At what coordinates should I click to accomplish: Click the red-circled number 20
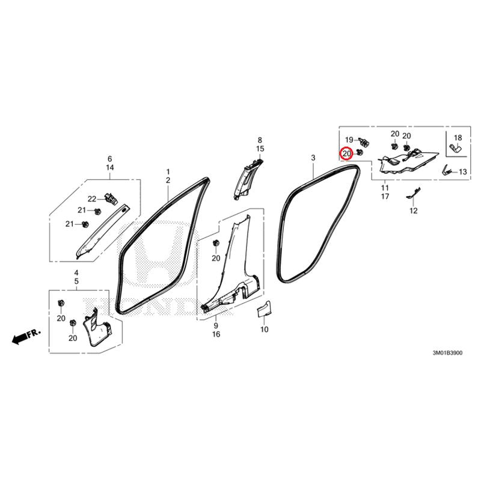(347, 154)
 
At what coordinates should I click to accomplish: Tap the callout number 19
(349, 140)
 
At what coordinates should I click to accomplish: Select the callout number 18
(458, 138)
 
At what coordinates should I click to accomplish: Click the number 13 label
(462, 172)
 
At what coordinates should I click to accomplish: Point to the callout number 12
(414, 211)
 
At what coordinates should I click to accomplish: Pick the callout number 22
(92, 199)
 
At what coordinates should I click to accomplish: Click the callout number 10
(264, 329)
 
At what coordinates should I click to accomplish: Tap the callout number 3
(313, 158)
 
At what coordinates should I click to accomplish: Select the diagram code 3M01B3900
(447, 353)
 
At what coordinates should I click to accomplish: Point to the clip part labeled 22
(111, 198)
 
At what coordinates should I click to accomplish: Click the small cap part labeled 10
(264, 308)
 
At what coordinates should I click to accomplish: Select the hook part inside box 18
(456, 149)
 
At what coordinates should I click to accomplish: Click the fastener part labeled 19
(364, 142)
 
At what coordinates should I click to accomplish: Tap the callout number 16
(216, 334)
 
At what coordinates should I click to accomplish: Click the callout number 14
(110, 168)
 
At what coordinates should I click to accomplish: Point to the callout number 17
(385, 197)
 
